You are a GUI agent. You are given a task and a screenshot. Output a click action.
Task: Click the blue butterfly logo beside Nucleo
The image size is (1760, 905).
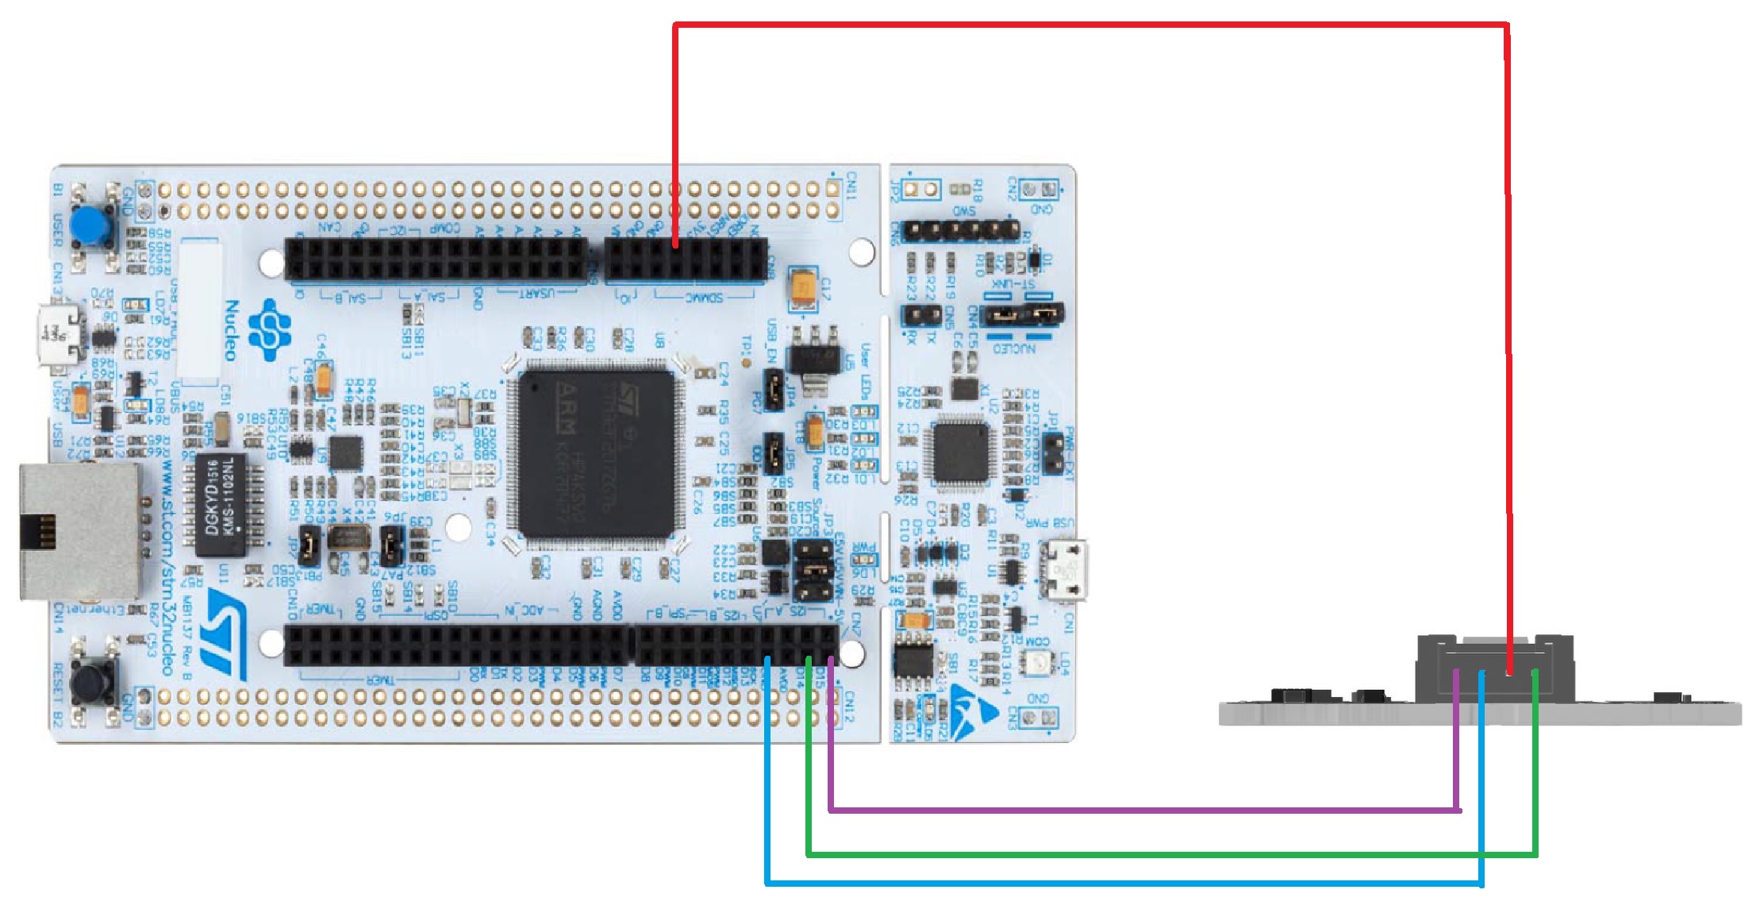pyautogui.click(x=270, y=329)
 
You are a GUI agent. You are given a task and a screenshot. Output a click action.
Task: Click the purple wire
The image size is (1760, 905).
pyautogui.click(x=1143, y=811)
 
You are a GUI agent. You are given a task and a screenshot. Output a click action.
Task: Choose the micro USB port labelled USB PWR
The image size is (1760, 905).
pyautogui.click(x=1065, y=570)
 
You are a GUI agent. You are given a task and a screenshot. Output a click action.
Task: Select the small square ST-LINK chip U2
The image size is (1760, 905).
pyautogui.click(x=961, y=453)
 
